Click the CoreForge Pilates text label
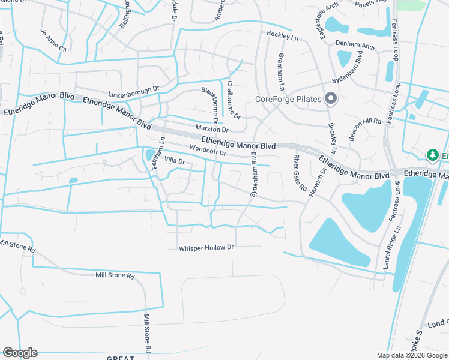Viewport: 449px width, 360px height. (289, 100)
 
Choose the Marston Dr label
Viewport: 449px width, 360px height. (212, 129)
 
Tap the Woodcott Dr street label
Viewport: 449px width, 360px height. (207, 150)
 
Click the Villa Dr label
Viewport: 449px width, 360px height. (174, 161)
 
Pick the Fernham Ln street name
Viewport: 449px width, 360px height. (158, 153)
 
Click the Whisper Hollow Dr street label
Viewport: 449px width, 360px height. (205, 247)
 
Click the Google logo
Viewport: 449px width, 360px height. (20, 353)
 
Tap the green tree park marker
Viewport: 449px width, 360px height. (432, 155)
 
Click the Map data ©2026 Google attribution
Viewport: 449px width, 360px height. (411, 355)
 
